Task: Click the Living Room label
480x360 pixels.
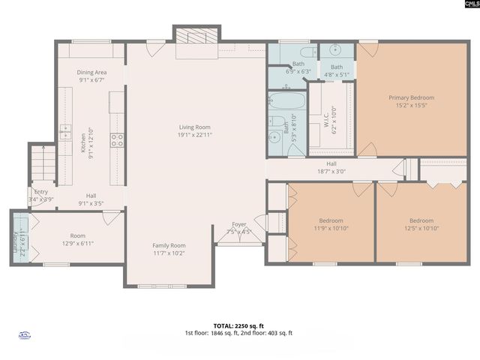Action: click(x=194, y=127)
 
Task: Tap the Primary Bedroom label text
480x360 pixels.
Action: click(x=411, y=97)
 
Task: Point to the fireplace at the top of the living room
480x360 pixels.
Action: click(x=196, y=37)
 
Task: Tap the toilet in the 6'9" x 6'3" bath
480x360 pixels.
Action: click(x=307, y=52)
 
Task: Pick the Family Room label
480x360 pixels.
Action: click(x=169, y=245)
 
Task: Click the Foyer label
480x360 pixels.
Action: click(x=238, y=223)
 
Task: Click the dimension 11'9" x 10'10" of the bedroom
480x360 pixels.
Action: click(x=331, y=229)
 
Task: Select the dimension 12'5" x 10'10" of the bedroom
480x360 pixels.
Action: click(x=421, y=229)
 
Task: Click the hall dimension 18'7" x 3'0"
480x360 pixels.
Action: click(x=331, y=171)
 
